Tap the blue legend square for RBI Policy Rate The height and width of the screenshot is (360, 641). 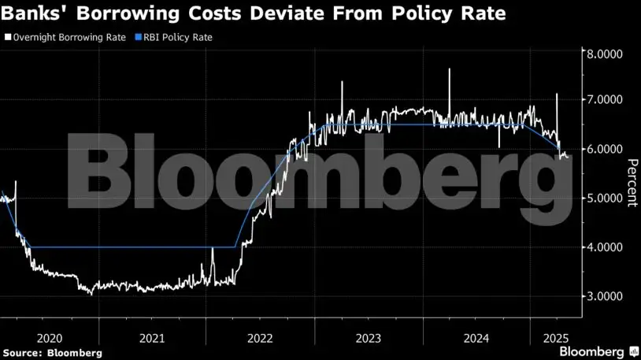pyautogui.click(x=139, y=37)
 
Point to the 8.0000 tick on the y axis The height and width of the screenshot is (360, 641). pyautogui.click(x=602, y=54)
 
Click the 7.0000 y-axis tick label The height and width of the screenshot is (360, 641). pyautogui.click(x=602, y=101)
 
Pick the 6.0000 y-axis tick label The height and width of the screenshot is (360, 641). pyautogui.click(x=602, y=150)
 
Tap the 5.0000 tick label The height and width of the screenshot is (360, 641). pyautogui.click(x=602, y=199)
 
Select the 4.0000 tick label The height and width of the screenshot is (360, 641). pyautogui.click(x=602, y=247)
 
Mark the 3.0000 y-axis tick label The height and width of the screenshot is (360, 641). pyautogui.click(x=602, y=296)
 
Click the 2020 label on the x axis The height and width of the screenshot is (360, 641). pyautogui.click(x=49, y=337)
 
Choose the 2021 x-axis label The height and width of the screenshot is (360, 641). pyautogui.click(x=152, y=337)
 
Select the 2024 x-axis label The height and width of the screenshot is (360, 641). pyautogui.click(x=476, y=337)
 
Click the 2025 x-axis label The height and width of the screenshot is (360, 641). pyautogui.click(x=556, y=337)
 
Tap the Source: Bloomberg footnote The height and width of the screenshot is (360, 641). pyautogui.click(x=51, y=353)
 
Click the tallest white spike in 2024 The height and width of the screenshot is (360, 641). pyautogui.click(x=449, y=70)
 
